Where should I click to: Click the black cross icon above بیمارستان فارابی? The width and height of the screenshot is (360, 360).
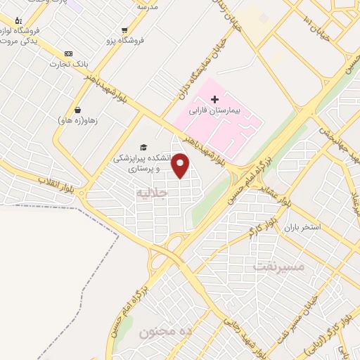click(x=215, y=101)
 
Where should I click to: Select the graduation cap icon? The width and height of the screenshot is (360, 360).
click(x=144, y=147)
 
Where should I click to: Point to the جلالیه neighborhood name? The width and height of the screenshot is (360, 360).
click(x=154, y=191)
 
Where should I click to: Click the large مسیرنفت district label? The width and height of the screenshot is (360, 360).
click(x=278, y=266)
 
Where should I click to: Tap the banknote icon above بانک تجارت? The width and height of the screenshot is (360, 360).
click(x=68, y=53)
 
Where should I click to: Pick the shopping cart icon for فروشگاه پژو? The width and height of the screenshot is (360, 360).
click(x=124, y=30)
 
